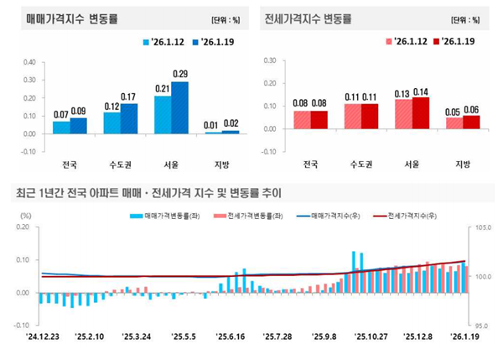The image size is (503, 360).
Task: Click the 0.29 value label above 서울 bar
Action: point(180,75)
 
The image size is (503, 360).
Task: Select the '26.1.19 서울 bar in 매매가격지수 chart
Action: point(180,107)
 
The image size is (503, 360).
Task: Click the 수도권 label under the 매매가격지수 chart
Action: point(118,164)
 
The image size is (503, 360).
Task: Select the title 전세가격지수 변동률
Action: point(308,18)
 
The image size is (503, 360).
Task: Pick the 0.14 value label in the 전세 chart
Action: point(421,91)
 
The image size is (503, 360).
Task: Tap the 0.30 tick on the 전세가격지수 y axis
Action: point(270,61)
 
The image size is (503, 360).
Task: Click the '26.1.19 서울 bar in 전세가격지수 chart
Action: point(421,113)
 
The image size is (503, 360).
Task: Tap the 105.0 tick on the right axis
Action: point(485,227)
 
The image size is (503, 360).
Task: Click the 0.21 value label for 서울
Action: point(162,89)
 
